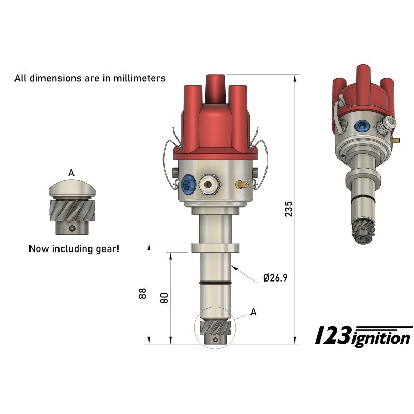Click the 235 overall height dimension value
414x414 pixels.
pos(289,209)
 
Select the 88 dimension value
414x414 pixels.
pos(143,293)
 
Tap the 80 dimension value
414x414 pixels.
pos(165,298)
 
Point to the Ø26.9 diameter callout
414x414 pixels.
pos(275,278)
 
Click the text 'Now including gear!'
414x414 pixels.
pos(73,248)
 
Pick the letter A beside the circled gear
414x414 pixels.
pos(253,312)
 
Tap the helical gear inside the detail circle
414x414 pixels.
pos(214,328)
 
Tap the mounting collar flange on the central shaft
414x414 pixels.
pos(215,247)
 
